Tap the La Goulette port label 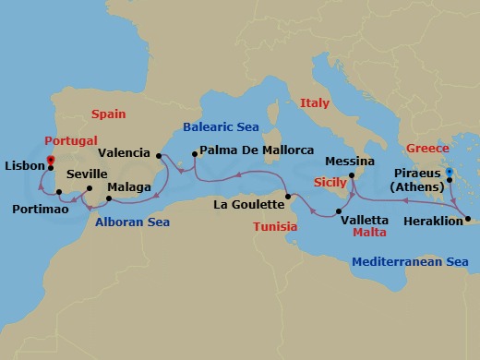(x=246, y=203)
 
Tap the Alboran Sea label (x=132, y=221)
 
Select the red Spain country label (x=110, y=114)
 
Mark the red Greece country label (x=428, y=148)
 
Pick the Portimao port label (x=39, y=209)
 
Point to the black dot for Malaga (x=109, y=198)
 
